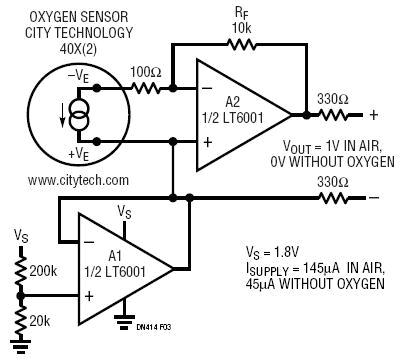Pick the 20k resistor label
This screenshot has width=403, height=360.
(40, 320)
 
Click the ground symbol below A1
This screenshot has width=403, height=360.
(124, 320)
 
